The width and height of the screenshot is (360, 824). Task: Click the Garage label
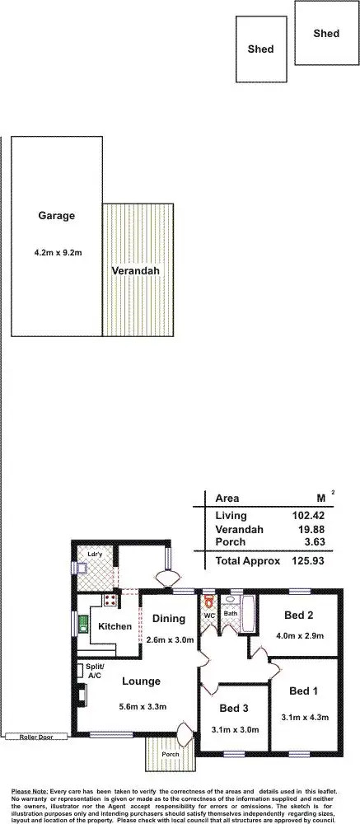click(x=56, y=216)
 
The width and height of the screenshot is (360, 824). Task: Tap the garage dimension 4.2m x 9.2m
click(x=57, y=251)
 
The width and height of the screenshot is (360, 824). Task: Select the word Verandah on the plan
click(x=135, y=270)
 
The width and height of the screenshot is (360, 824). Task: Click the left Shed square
click(x=261, y=49)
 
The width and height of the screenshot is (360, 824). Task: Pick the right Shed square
click(x=326, y=33)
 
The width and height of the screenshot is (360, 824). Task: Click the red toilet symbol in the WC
click(x=209, y=601)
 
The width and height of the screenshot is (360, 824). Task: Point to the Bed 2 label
click(x=298, y=616)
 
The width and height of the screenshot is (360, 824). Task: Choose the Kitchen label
click(x=115, y=626)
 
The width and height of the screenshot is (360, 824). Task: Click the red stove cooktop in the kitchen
click(x=108, y=600)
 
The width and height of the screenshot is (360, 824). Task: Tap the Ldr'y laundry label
click(x=95, y=555)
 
